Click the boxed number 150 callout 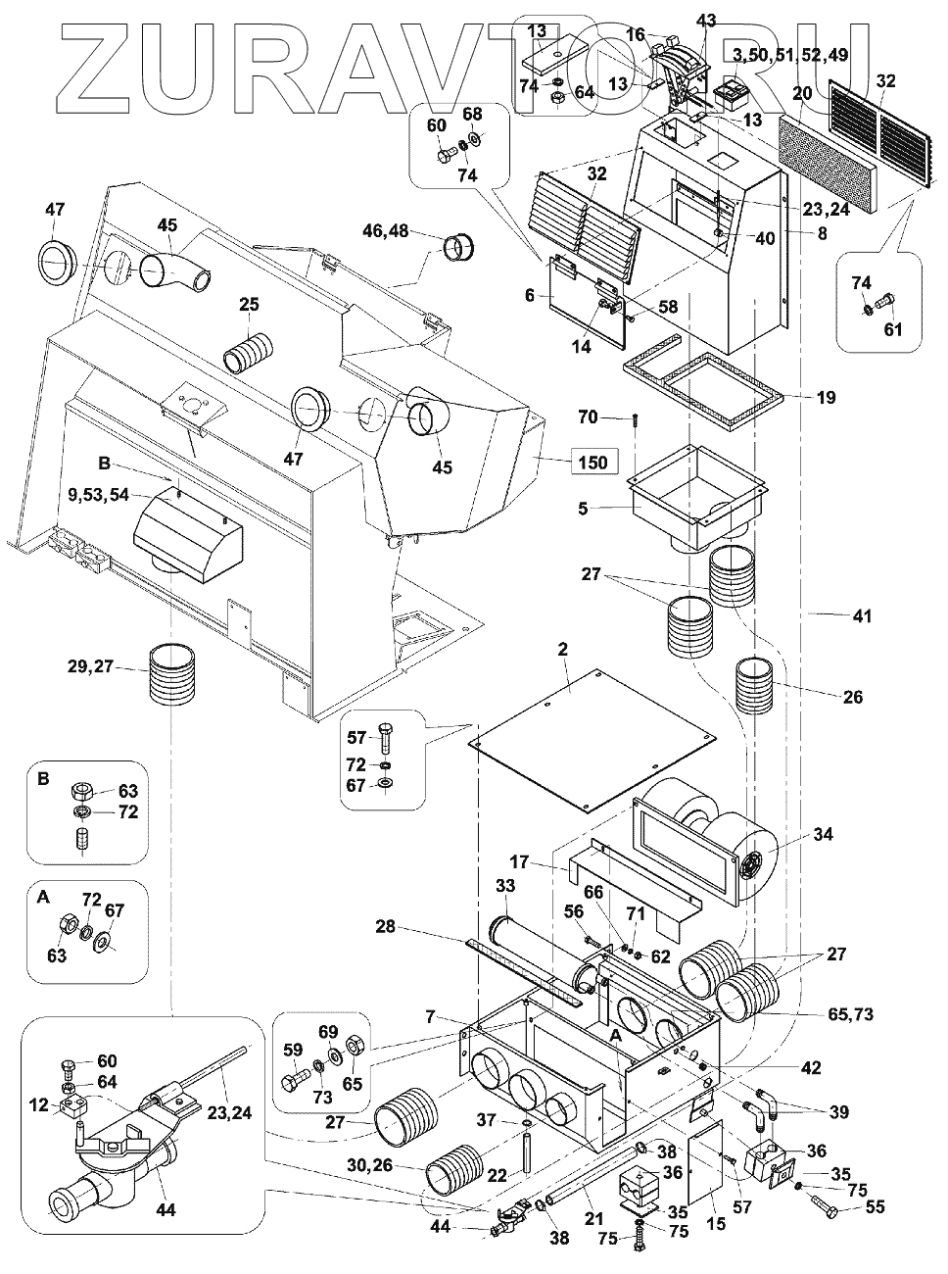(x=591, y=463)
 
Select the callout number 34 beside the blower (x=824, y=834)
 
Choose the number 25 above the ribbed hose (x=249, y=305)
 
